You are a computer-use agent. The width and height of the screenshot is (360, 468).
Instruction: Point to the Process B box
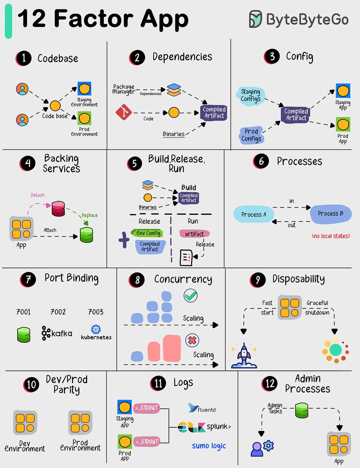(x=331, y=214)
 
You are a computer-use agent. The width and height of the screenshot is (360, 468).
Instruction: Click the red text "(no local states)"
(x=330, y=236)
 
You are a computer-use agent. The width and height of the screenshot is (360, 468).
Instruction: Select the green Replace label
(x=90, y=215)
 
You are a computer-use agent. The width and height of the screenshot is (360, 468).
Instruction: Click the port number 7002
(x=58, y=312)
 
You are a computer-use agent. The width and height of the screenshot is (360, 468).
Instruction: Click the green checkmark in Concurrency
(x=190, y=296)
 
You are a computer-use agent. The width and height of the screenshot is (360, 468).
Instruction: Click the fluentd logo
(x=202, y=408)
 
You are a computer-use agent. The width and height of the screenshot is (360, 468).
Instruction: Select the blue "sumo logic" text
(x=209, y=446)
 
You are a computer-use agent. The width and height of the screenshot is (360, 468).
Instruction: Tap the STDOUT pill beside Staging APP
(x=147, y=408)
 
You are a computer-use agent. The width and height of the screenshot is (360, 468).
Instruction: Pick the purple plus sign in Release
(x=124, y=240)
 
